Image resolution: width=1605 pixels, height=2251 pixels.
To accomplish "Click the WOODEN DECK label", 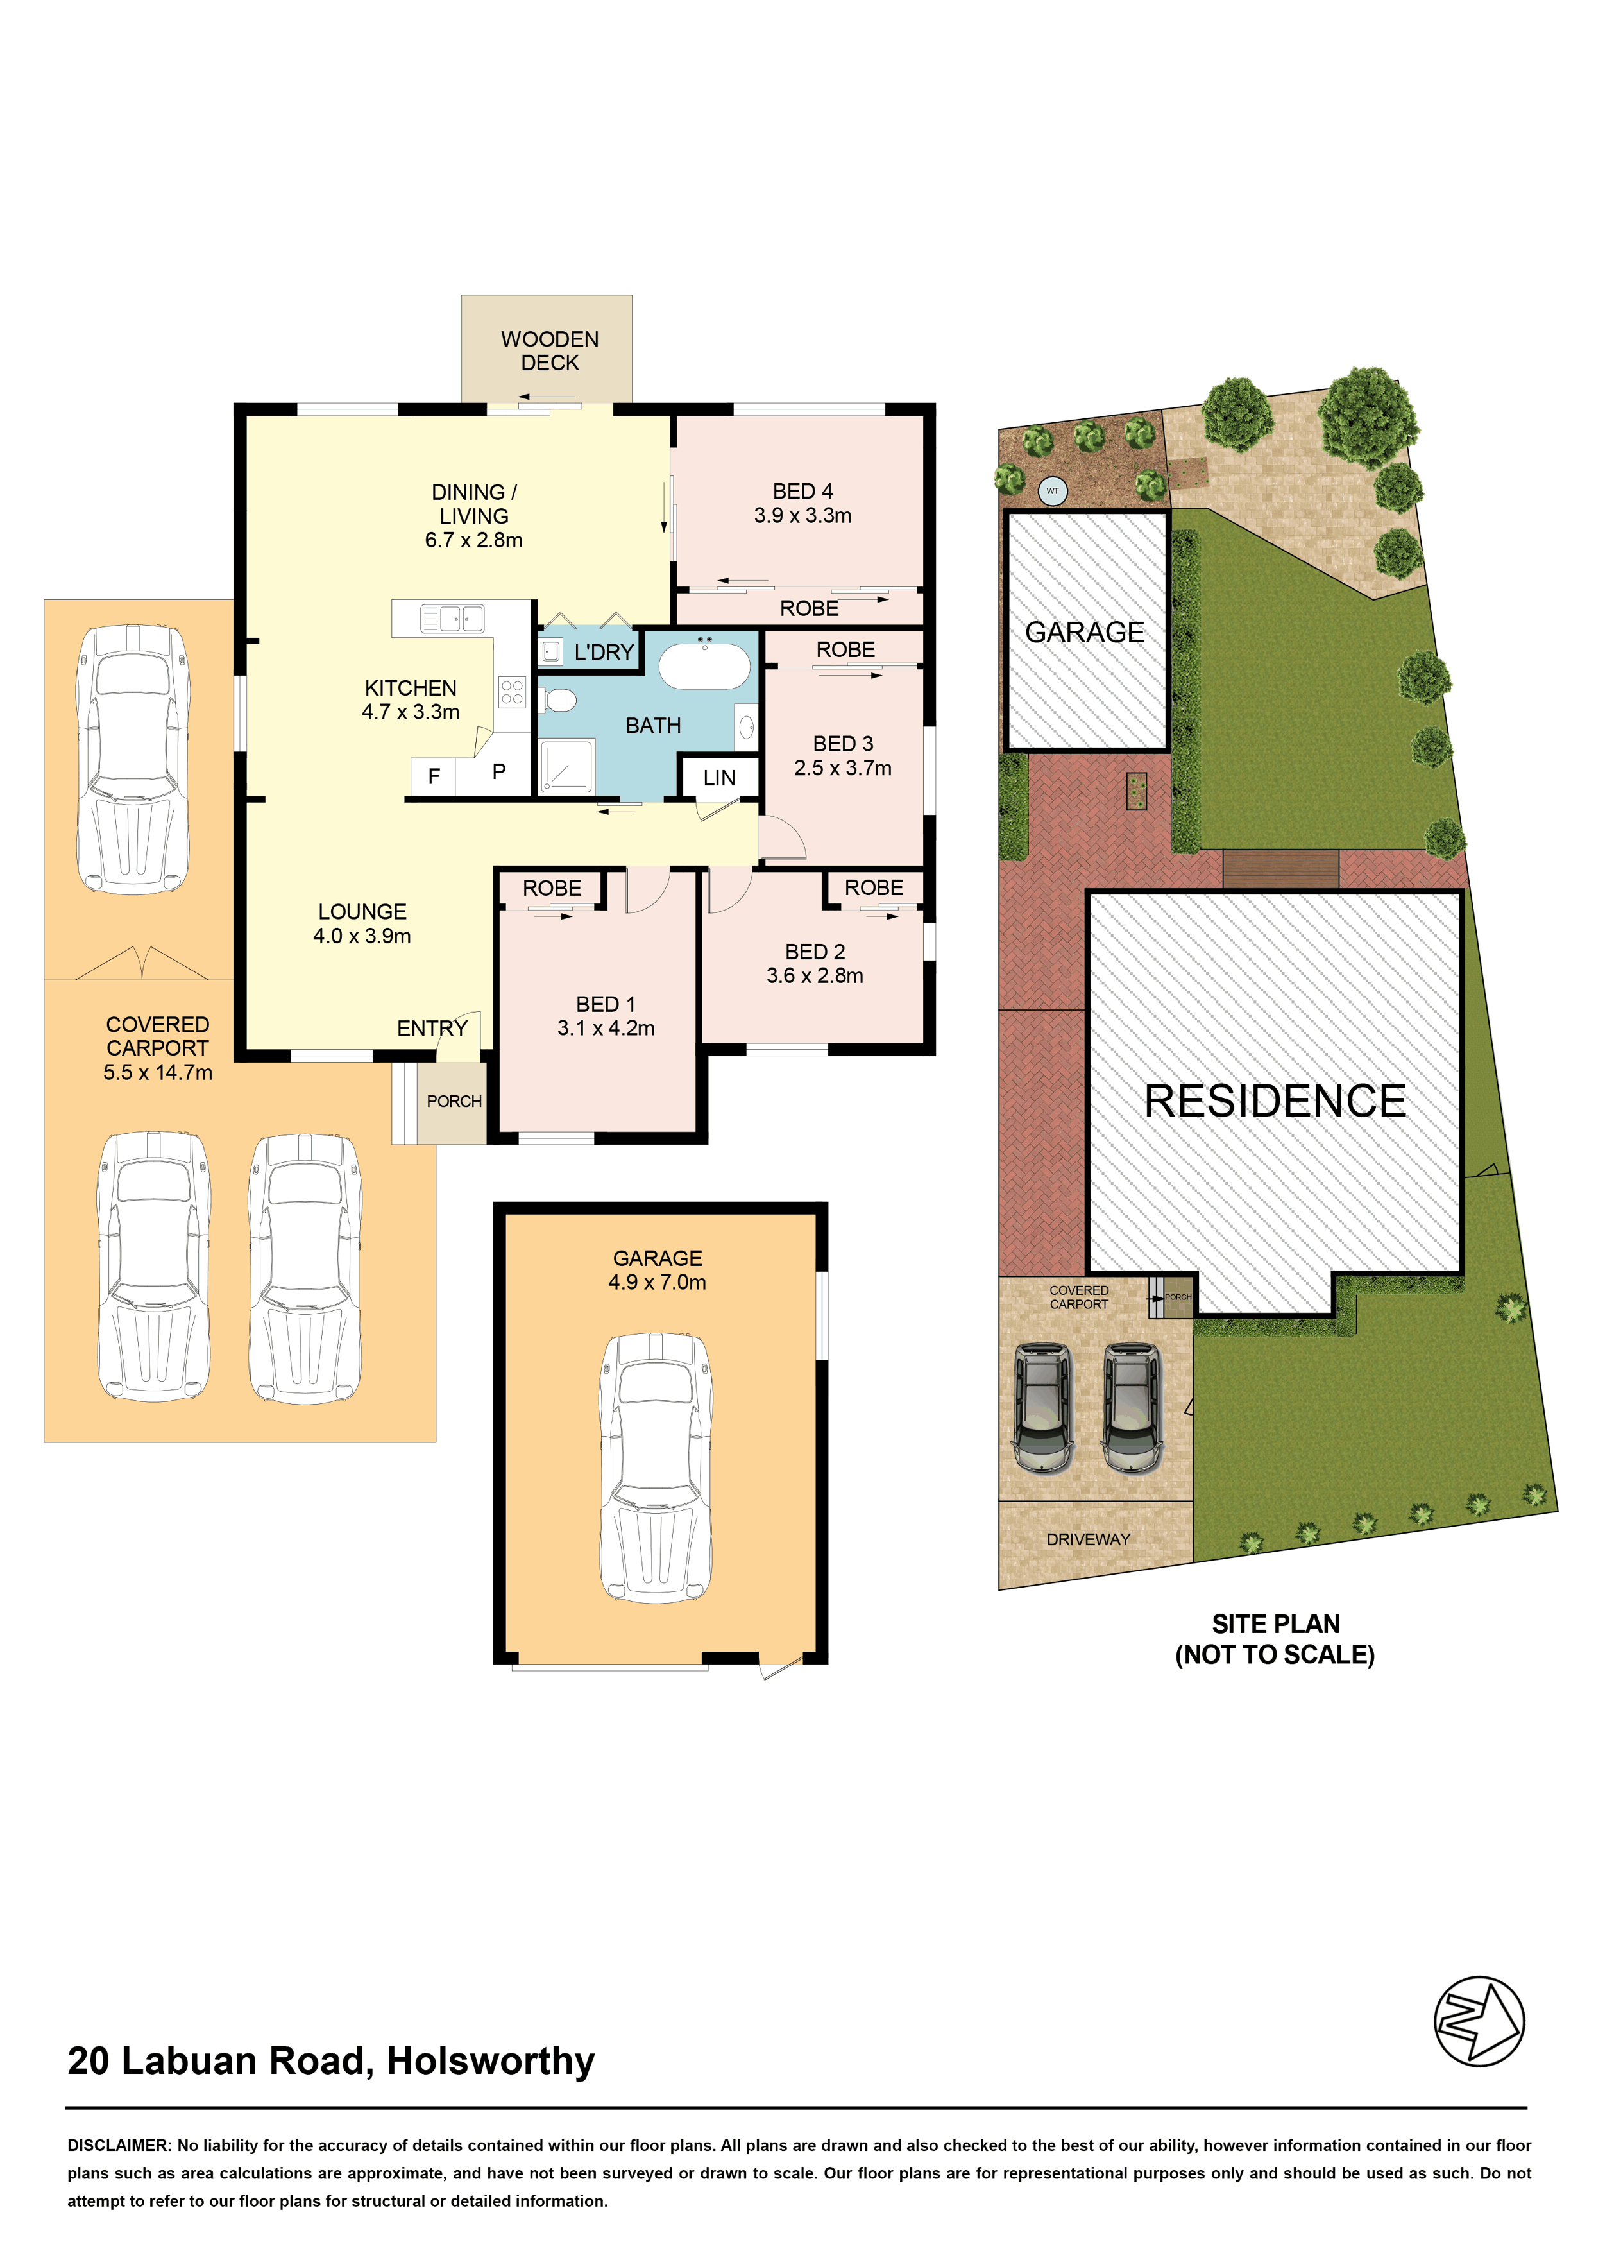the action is pyautogui.click(x=550, y=351).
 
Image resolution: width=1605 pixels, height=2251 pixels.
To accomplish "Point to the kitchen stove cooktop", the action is pyautogui.click(x=512, y=692).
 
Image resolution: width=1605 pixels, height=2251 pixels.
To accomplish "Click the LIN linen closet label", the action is pyautogui.click(x=720, y=778).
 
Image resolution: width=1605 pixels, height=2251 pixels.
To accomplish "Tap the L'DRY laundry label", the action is pyautogui.click(x=604, y=653).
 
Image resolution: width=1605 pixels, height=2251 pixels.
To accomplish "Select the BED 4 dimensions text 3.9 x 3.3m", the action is pyautogui.click(x=802, y=515).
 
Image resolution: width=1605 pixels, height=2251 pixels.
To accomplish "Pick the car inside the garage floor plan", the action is pyautogui.click(x=656, y=1468).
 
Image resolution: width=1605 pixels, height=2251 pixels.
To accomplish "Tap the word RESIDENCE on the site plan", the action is pyautogui.click(x=1275, y=1101).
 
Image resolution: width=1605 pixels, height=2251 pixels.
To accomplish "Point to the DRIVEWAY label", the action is pyautogui.click(x=1088, y=1539).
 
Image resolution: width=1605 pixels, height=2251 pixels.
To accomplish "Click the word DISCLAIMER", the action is pyautogui.click(x=119, y=2145).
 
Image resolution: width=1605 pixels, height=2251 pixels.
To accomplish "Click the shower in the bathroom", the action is pyautogui.click(x=566, y=765).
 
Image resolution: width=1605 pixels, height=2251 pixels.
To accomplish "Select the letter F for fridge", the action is pyautogui.click(x=434, y=777).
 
